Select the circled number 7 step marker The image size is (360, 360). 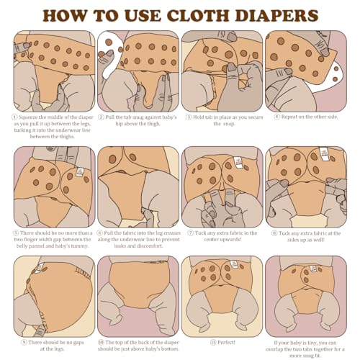point(189,233)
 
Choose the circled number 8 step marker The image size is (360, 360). point(274,233)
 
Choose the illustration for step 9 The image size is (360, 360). point(53,295)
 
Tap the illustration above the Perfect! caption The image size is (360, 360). point(222,295)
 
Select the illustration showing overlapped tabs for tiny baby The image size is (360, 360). point(306,295)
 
